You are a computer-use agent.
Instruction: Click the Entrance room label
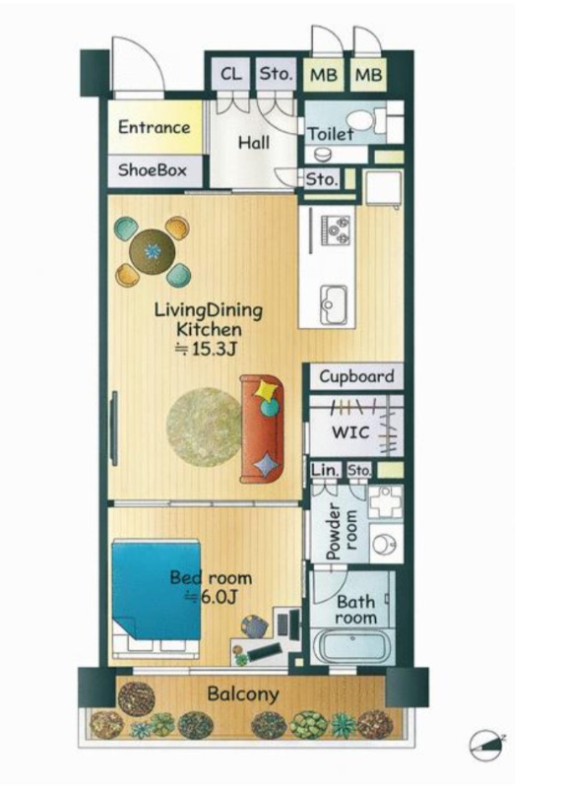pos(155,128)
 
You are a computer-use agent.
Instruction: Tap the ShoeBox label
pos(153,169)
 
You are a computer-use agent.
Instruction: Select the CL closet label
pos(231,74)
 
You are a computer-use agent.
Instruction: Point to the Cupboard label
pos(356,376)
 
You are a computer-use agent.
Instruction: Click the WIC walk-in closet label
pos(350,431)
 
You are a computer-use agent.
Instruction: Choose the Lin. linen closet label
pos(325,471)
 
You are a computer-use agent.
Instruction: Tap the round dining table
pos(153,251)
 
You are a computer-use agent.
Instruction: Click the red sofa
pos(261,428)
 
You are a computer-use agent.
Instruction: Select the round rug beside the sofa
pos(205,427)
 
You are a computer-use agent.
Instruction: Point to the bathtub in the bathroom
pos(353,646)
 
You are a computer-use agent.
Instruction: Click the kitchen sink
pos(334,304)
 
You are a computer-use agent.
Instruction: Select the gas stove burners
pos(336,230)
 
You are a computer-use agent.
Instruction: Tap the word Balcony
pos(243,694)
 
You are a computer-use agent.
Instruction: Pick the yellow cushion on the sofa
pos(266,389)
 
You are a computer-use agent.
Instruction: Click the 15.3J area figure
pos(206,349)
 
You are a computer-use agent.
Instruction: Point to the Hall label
pos(254,143)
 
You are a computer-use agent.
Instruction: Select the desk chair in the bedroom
pos(255,626)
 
